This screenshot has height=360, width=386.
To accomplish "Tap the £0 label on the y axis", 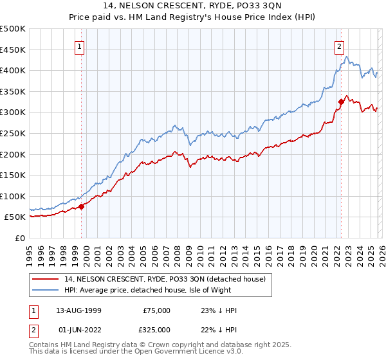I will (21, 238).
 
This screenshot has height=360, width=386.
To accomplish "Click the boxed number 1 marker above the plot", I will (79, 46).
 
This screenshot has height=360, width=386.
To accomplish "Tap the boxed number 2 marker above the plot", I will (339, 46).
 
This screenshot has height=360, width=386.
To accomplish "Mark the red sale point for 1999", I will (82, 206).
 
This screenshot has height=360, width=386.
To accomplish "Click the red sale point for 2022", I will (340, 102).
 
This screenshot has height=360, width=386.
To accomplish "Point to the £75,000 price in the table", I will (156, 310).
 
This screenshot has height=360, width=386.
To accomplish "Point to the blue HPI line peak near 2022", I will (346, 57).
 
